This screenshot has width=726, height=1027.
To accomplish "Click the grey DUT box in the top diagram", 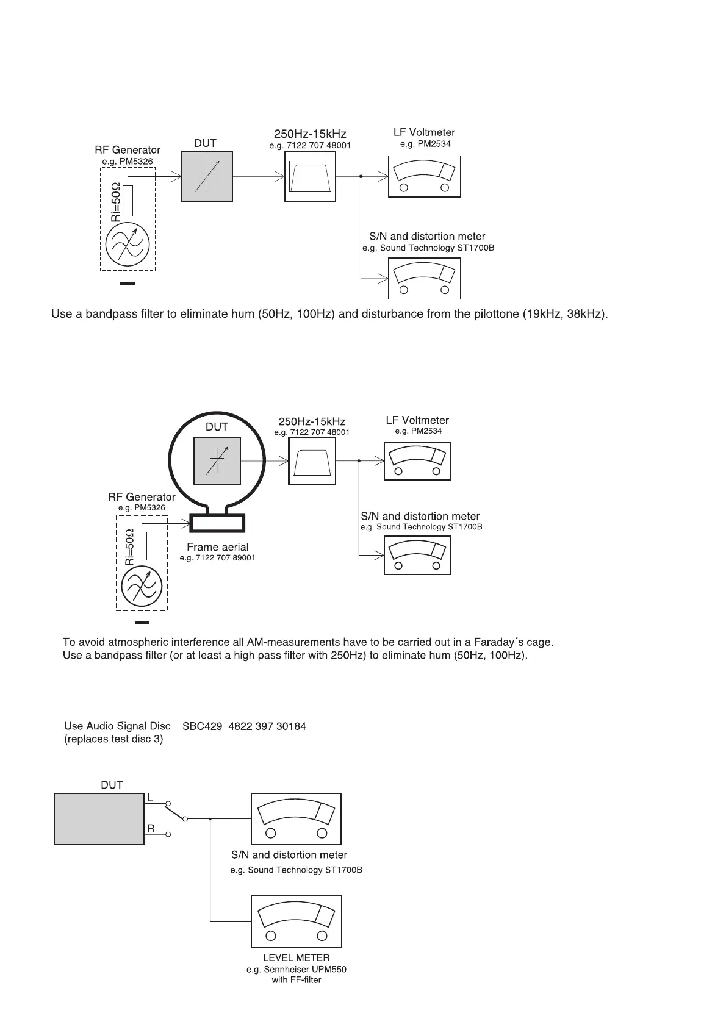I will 207,177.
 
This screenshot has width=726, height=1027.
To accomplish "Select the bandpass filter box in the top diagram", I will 310,177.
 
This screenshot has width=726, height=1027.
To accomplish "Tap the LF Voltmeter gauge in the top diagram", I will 424,177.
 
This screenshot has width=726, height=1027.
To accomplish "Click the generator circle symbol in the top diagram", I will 127,246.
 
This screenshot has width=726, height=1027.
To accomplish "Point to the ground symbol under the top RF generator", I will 127,283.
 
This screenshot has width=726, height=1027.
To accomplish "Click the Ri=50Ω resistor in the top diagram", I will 128,201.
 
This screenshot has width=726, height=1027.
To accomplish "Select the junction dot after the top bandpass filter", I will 361,177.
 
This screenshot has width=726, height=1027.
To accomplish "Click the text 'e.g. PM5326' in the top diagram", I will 128,162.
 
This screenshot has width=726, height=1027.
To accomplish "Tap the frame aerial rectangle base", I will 218,523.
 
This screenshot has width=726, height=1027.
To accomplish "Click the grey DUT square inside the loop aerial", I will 217,460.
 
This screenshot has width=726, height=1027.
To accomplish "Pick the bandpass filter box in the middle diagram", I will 312,462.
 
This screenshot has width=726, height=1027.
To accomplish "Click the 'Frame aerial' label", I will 218,547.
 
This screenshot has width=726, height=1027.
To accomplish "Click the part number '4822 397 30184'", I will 267,726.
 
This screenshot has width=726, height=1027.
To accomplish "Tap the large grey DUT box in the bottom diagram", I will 99,818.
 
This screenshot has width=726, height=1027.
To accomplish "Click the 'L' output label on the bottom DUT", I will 150,798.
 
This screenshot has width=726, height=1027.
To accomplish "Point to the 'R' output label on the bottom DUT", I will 151,829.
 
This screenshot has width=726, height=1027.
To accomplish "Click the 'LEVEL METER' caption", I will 297,958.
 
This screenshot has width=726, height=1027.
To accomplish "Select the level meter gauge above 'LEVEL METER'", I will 297,921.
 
